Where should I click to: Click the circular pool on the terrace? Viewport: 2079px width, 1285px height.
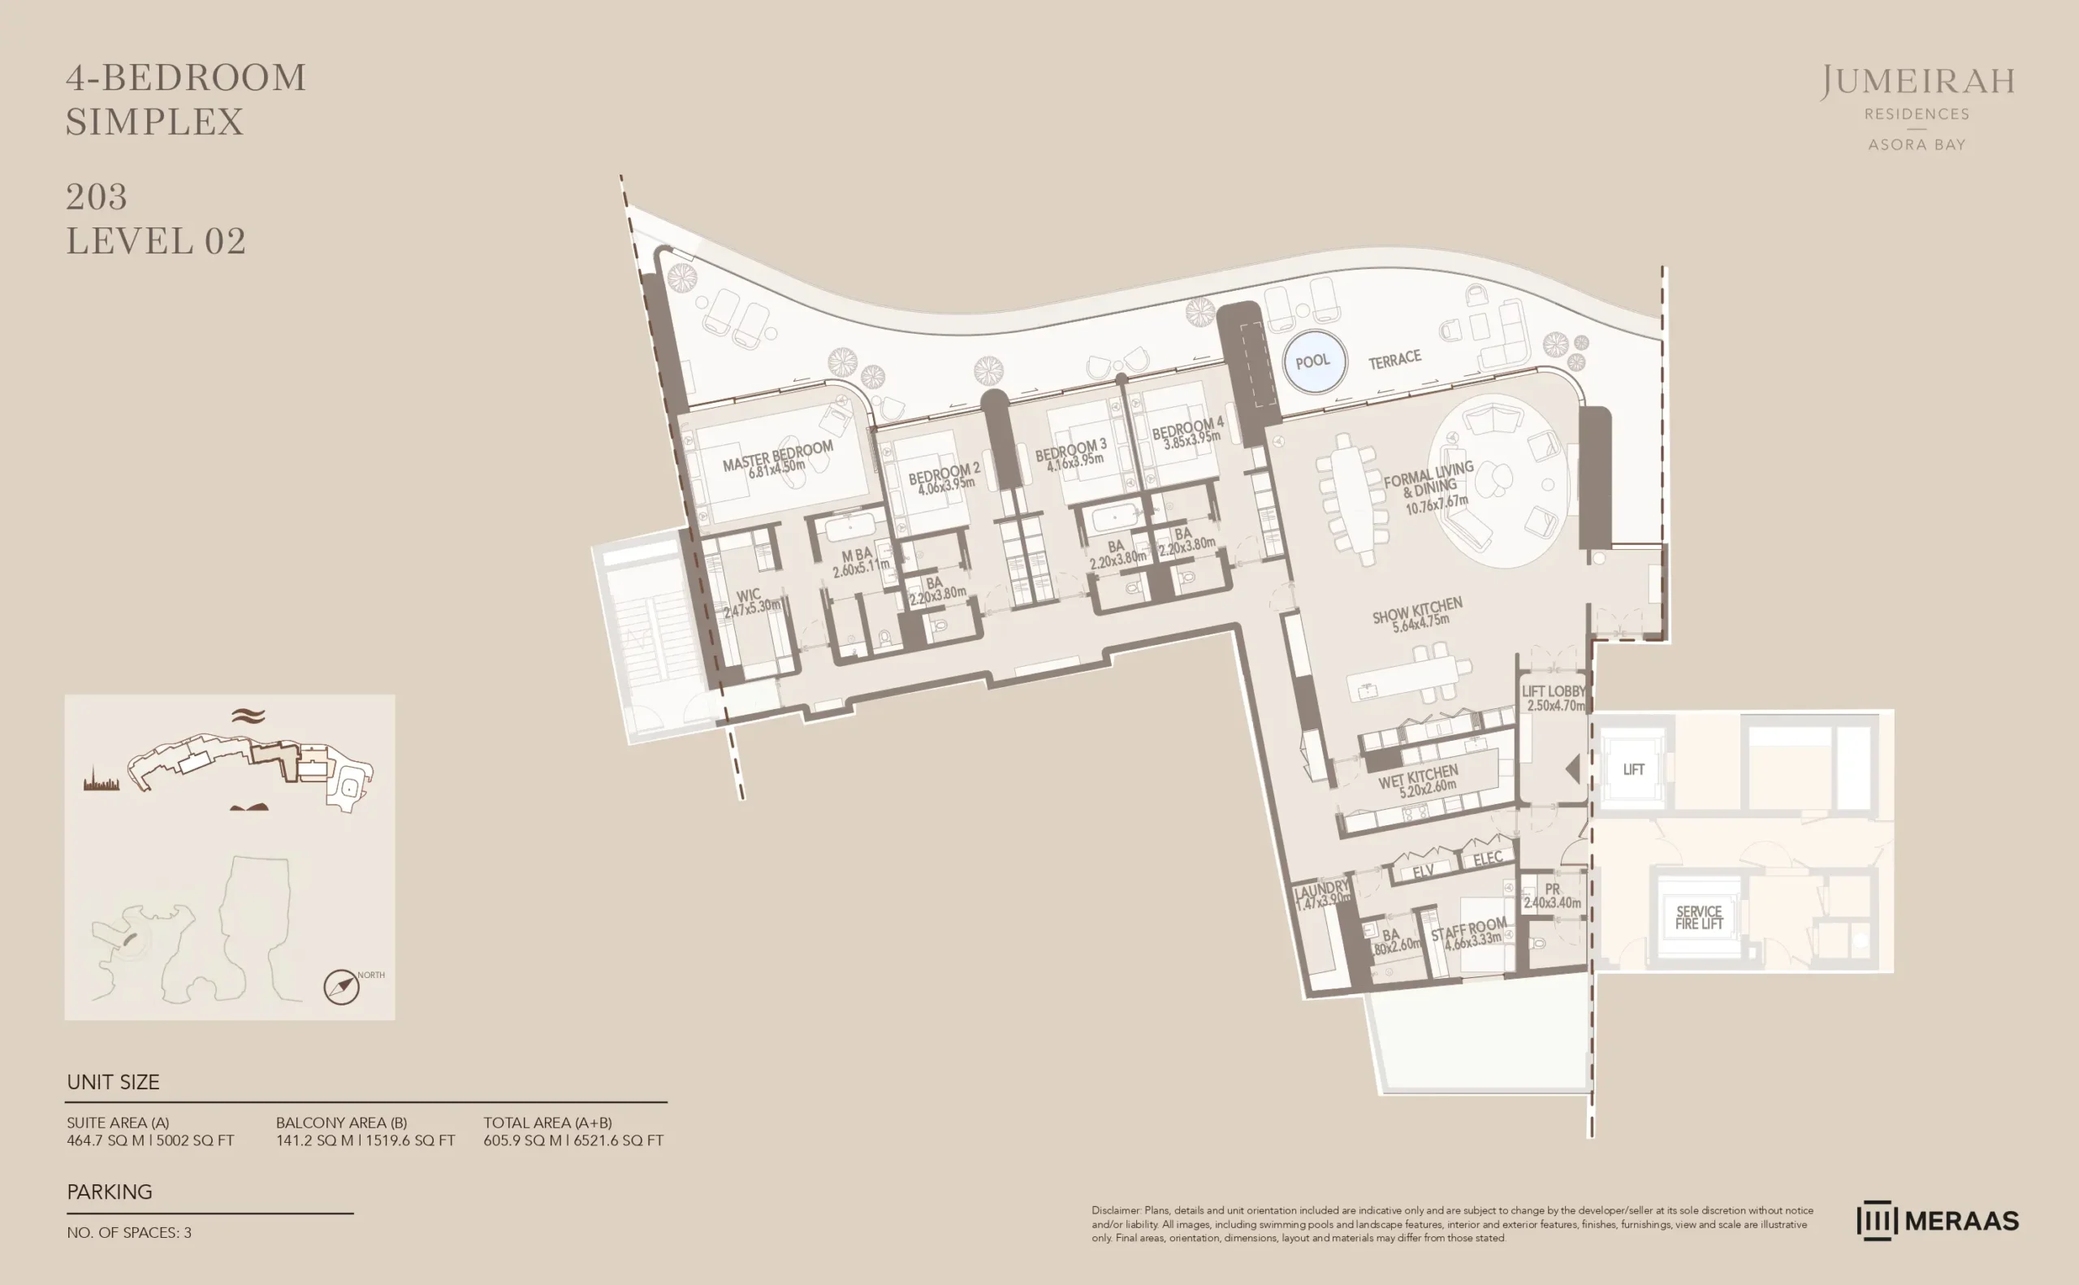[1313, 361]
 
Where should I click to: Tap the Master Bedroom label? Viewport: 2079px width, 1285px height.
[777, 456]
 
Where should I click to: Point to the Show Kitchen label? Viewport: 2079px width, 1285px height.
[1417, 610]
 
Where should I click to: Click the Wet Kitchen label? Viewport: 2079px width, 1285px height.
[1418, 777]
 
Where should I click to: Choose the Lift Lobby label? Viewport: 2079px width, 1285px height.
[1553, 692]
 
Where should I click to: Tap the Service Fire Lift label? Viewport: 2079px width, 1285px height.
[1698, 917]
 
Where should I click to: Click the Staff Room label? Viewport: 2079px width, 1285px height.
[1469, 929]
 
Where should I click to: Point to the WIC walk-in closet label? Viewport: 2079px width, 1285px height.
[749, 595]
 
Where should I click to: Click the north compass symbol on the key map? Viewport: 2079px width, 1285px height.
[341, 987]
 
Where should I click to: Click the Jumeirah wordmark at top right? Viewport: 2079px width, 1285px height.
[1917, 82]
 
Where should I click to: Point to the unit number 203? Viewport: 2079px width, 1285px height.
[97, 197]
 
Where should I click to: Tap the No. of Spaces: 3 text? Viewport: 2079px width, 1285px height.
[129, 1232]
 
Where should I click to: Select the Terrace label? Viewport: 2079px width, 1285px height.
[1394, 360]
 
